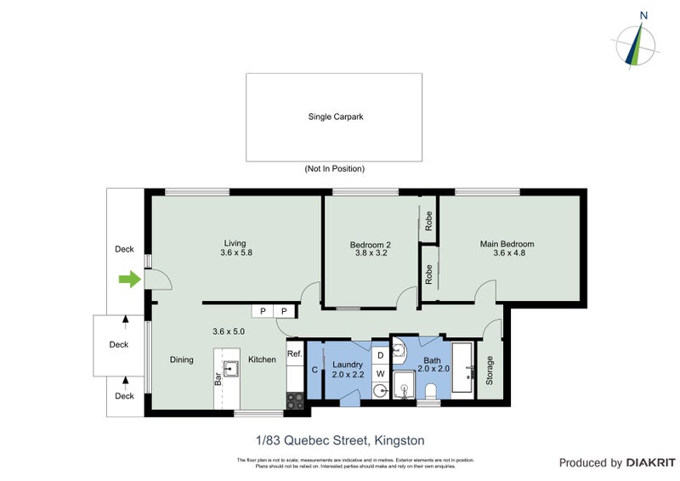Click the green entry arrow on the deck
(x=128, y=280)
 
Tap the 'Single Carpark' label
(x=335, y=117)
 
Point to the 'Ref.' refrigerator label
(x=294, y=354)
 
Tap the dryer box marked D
(x=381, y=354)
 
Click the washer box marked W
(x=381, y=373)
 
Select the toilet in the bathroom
(x=431, y=390)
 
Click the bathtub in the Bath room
(x=462, y=367)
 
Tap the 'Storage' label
(x=489, y=371)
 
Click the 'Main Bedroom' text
(x=507, y=244)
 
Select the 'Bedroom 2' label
(x=371, y=246)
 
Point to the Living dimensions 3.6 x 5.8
(x=235, y=252)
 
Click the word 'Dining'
(x=181, y=359)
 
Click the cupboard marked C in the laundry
(x=314, y=370)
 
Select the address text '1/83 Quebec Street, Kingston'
(x=340, y=440)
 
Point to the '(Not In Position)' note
(x=334, y=169)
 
